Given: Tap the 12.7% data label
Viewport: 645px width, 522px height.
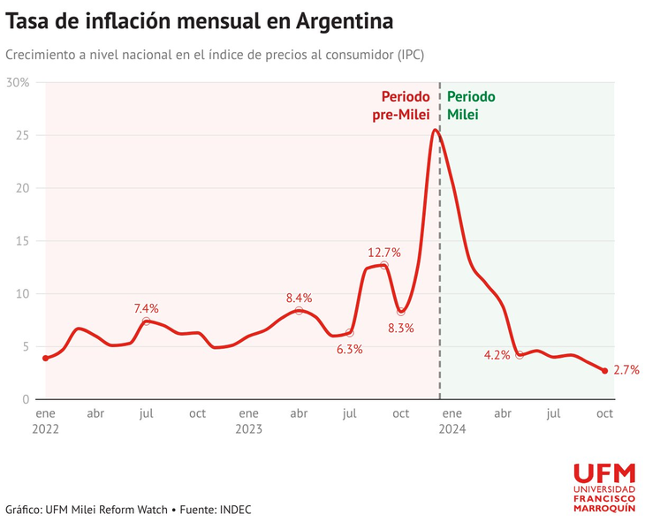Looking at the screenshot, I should (384, 253).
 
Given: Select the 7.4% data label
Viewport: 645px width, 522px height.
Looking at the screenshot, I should (147, 308).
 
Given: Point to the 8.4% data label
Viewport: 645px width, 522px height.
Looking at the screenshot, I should (299, 298).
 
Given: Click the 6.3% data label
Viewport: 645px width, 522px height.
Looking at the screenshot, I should (349, 349).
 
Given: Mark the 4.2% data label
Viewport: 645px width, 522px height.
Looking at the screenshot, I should (497, 355).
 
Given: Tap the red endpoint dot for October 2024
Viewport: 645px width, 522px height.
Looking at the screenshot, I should (605, 371).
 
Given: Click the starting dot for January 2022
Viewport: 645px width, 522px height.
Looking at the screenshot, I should (45, 358).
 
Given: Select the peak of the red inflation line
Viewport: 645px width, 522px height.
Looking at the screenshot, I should (435, 131).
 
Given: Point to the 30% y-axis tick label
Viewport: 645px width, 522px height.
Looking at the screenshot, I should (18, 83).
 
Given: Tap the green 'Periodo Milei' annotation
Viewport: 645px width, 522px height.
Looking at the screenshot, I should (471, 105).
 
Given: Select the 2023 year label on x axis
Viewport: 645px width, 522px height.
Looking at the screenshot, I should (248, 429).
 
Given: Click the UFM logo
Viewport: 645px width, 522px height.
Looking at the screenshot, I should (604, 485).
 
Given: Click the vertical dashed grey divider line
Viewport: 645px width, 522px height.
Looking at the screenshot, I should (439, 265).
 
